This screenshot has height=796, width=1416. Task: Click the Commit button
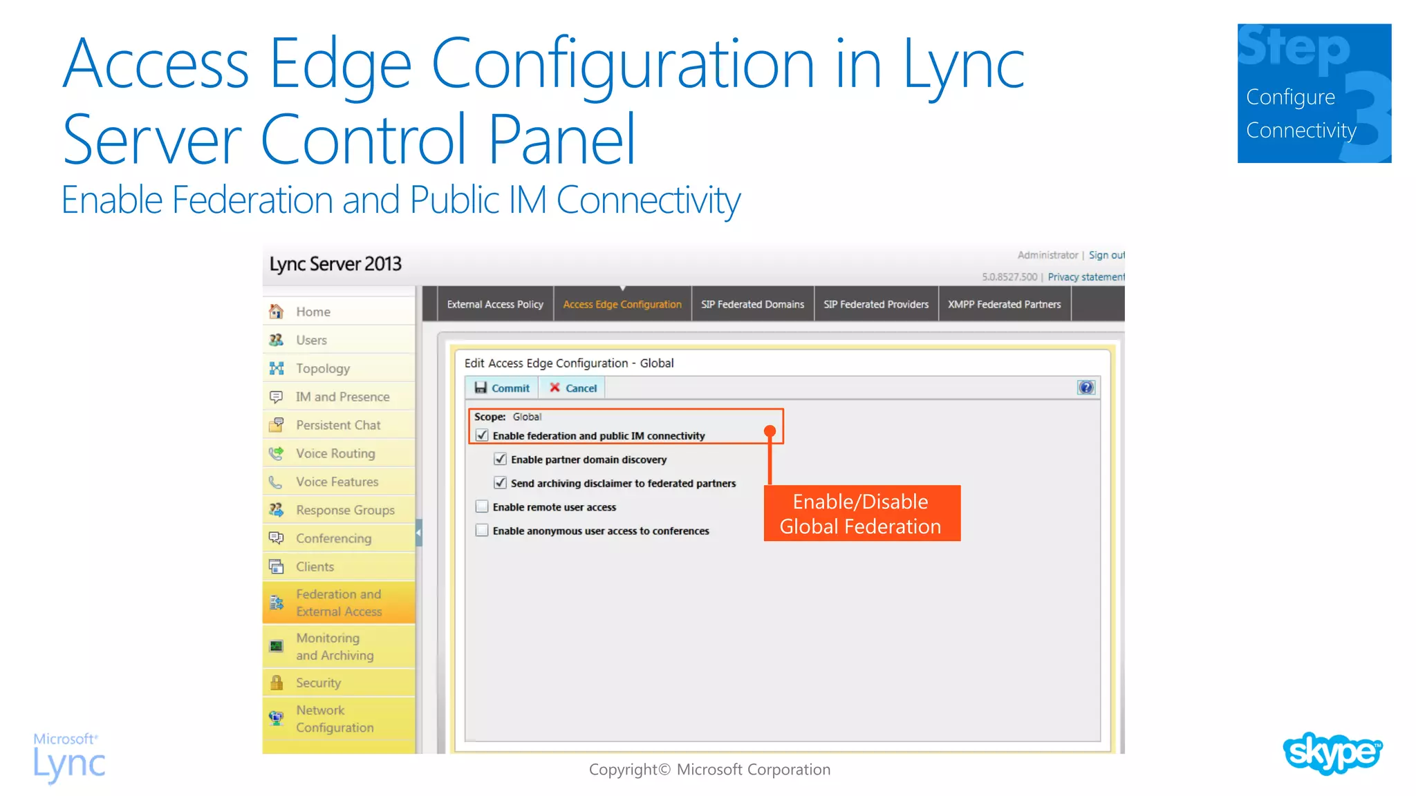[503, 388]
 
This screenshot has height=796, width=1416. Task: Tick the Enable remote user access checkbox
[482, 506]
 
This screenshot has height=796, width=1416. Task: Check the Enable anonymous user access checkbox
[482, 531]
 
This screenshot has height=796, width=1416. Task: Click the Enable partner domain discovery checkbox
[501, 459]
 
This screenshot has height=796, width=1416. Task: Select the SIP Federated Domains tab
[752, 304]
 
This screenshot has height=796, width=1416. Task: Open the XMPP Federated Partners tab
[1004, 304]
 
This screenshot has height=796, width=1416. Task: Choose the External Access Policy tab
[495, 304]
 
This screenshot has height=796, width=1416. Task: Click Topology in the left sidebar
[323, 368]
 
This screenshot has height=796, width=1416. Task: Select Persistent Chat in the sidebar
[338, 425]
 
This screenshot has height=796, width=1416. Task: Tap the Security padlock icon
[277, 683]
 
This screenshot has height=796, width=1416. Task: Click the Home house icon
[277, 312]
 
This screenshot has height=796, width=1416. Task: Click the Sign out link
[1106, 255]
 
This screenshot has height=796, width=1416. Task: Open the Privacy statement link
[1086, 277]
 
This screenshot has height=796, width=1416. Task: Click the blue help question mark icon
[1086, 388]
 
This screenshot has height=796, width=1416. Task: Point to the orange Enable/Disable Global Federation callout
[861, 513]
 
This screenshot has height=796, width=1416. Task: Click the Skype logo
[1332, 753]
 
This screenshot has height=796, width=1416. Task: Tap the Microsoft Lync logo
[69, 758]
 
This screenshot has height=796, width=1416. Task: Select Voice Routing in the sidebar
[335, 453]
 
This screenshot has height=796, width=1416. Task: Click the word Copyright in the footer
[622, 769]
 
